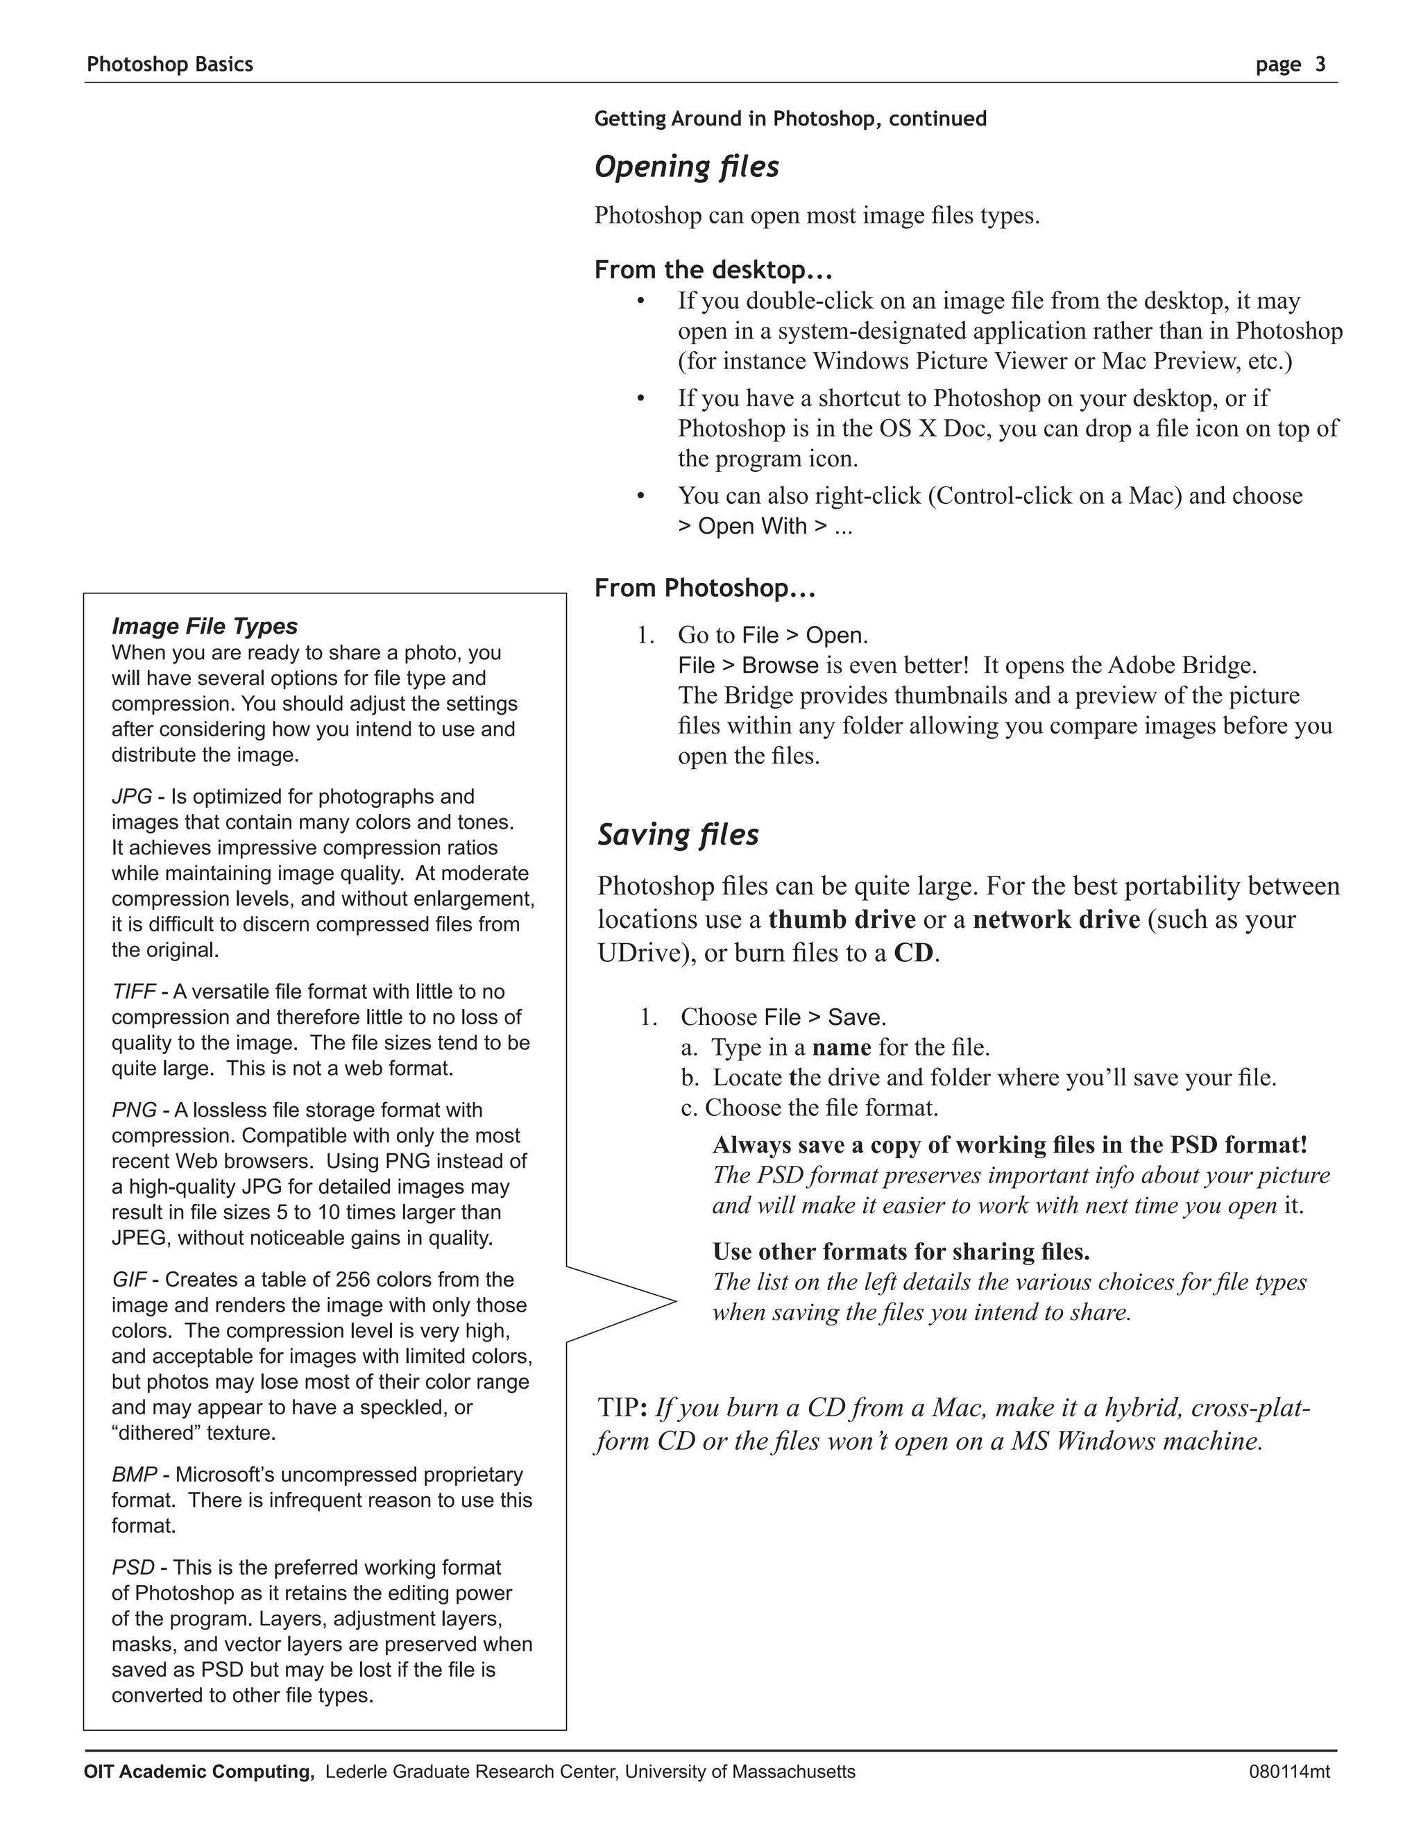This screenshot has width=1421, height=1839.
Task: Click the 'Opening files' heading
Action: pyautogui.click(x=686, y=167)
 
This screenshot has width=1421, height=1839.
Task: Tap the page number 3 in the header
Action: pyautogui.click(x=1320, y=64)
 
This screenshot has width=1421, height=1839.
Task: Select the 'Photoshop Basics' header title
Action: pyautogui.click(x=169, y=64)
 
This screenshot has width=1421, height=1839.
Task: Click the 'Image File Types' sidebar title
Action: pyautogui.click(x=205, y=626)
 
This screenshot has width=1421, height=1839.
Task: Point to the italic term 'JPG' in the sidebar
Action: pyautogui.click(x=131, y=797)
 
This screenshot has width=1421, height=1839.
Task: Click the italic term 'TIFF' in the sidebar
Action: pyautogui.click(x=133, y=991)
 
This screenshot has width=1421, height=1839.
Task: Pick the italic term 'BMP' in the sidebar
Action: pyautogui.click(x=134, y=1475)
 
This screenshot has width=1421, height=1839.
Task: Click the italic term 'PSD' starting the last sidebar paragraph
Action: pyautogui.click(x=133, y=1567)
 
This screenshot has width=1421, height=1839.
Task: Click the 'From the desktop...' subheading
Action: pyautogui.click(x=713, y=269)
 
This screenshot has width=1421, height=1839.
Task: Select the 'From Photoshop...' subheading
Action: pyautogui.click(x=705, y=588)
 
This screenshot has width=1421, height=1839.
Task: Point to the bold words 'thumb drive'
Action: pyautogui.click(x=841, y=919)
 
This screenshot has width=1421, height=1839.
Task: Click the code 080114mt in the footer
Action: pyautogui.click(x=1289, y=1772)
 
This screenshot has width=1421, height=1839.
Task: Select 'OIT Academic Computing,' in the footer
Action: pyautogui.click(x=198, y=1772)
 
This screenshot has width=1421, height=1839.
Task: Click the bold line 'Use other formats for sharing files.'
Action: pyautogui.click(x=901, y=1251)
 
